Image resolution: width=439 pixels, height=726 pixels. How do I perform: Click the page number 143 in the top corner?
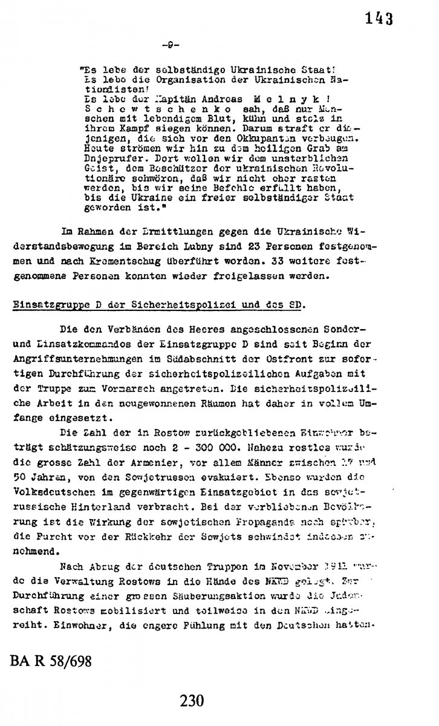tap(380, 19)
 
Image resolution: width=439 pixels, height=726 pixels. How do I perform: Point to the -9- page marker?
tap(171, 45)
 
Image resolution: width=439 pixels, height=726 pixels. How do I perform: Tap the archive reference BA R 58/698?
tap(51, 661)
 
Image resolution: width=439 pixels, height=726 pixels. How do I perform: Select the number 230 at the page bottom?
tap(192, 701)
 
